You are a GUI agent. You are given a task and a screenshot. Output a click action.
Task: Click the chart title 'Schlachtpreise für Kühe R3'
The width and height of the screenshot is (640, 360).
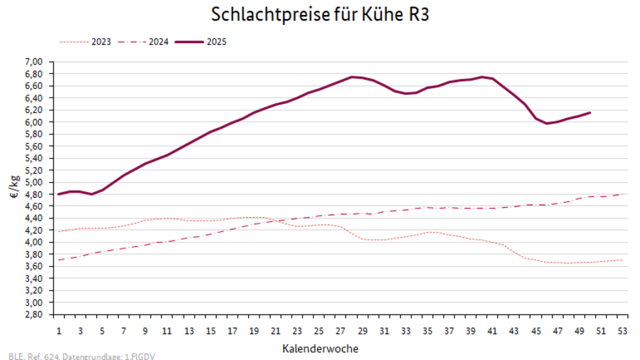click(x=320, y=14)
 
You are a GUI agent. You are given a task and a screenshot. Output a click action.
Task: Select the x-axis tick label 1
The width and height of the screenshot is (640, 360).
click(x=59, y=332)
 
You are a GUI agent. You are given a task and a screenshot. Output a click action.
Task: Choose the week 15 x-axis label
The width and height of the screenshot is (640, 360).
click(x=211, y=332)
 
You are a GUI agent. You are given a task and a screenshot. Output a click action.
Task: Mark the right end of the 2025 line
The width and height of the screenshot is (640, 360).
click(x=590, y=112)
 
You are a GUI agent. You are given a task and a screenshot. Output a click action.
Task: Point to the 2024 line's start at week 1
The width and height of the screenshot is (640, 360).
click(x=59, y=260)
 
